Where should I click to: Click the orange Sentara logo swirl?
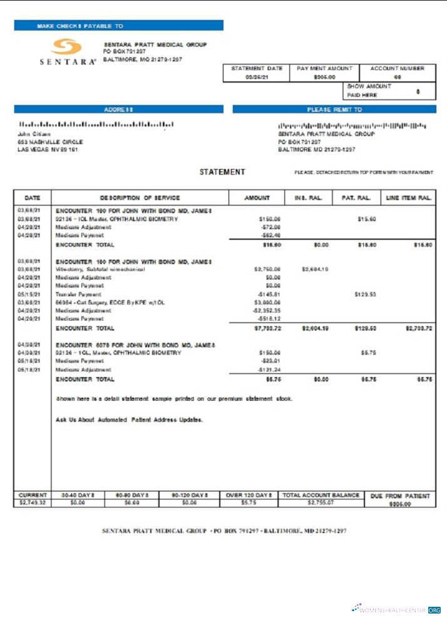pyautogui.click(x=66, y=48)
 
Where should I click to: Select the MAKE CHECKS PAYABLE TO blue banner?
pyautogui.click(x=118, y=26)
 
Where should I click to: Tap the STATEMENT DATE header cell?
pyautogui.click(x=256, y=68)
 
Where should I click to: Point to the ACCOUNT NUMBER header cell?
pyautogui.click(x=397, y=68)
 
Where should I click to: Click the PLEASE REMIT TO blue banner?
pyautogui.click(x=334, y=109)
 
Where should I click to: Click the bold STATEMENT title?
pyautogui.click(x=222, y=172)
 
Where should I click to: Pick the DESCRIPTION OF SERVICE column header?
pyautogui.click(x=140, y=198)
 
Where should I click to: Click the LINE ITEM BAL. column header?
pyautogui.click(x=409, y=198)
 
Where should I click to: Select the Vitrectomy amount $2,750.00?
pyautogui.click(x=267, y=269)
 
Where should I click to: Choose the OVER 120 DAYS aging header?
pyautogui.click(x=249, y=495)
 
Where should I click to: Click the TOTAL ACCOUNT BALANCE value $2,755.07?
pyautogui.click(x=321, y=502)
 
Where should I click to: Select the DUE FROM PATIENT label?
pyautogui.click(x=400, y=495)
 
